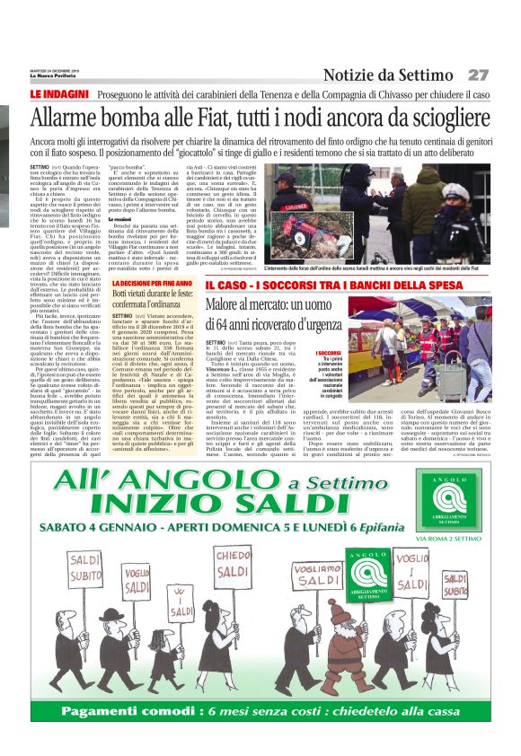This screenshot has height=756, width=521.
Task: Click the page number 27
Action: (478, 75)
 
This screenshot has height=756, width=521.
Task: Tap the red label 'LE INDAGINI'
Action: (59, 94)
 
